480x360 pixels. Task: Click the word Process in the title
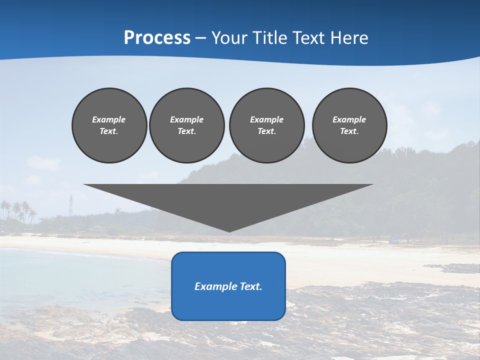point(157,38)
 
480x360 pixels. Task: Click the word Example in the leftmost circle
point(109,119)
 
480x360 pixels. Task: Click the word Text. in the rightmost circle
point(349,131)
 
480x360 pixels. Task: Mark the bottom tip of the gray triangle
point(229,231)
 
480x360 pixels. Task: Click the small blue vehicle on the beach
point(395,240)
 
